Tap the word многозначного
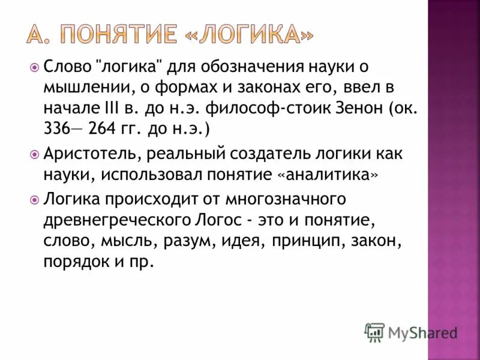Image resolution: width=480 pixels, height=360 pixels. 285,198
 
